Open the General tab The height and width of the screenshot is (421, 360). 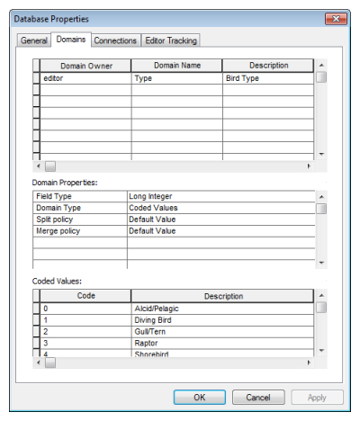34,40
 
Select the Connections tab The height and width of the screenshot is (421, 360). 115,40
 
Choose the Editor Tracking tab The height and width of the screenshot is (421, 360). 171,40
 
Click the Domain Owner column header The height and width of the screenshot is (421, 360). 85,66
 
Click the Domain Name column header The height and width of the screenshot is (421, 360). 176,66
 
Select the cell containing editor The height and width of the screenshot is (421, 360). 85,78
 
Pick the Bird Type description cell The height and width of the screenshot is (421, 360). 267,78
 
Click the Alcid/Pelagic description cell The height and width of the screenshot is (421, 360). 222,309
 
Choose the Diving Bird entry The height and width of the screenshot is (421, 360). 222,320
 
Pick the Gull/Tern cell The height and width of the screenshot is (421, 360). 222,332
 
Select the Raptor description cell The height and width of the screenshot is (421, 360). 222,344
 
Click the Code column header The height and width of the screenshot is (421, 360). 85,296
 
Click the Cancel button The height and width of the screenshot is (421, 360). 258,397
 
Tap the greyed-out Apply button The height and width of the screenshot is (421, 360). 317,397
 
